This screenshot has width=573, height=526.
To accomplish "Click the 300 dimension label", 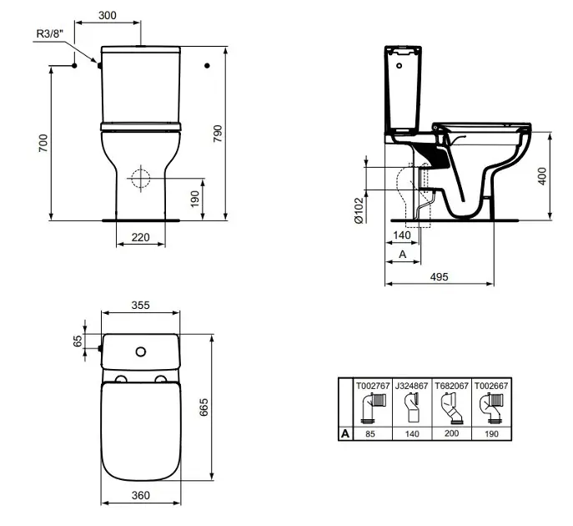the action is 108,15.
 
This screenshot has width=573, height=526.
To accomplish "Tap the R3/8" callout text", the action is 50,33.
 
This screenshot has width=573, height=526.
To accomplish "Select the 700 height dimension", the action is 43,143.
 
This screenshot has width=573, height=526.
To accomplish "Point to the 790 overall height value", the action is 218,134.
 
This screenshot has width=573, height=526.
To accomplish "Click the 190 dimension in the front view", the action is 195,199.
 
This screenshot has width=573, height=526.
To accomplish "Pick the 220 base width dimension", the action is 141,237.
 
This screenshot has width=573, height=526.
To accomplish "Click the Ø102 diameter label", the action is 359,210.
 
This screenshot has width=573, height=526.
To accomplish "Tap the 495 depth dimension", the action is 439,277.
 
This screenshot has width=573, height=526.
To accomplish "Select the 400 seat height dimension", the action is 542,176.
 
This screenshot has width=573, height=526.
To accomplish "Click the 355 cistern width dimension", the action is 141,305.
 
